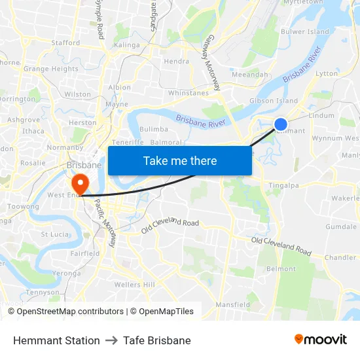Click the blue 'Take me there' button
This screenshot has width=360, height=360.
tap(180, 161)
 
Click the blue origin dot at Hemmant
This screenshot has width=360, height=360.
tap(280, 124)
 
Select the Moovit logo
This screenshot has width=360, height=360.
tap(321, 340)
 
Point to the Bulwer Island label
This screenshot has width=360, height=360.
tap(305, 31)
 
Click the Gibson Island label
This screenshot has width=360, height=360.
tap(274, 101)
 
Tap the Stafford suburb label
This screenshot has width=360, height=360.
tap(65, 43)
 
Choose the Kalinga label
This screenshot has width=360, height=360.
tap(127, 45)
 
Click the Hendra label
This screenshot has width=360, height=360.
tap(177, 62)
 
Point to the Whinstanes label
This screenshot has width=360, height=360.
tap(189, 93)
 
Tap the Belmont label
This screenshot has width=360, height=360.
tap(281, 269)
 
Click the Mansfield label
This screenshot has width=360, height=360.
tap(232, 304)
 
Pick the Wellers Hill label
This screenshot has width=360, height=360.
tap(135, 285)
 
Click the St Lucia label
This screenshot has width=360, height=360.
tap(54, 234)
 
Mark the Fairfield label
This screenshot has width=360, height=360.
tap(85, 253)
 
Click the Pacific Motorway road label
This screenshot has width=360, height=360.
tap(105, 223)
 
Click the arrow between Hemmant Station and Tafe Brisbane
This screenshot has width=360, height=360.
tap(111, 340)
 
